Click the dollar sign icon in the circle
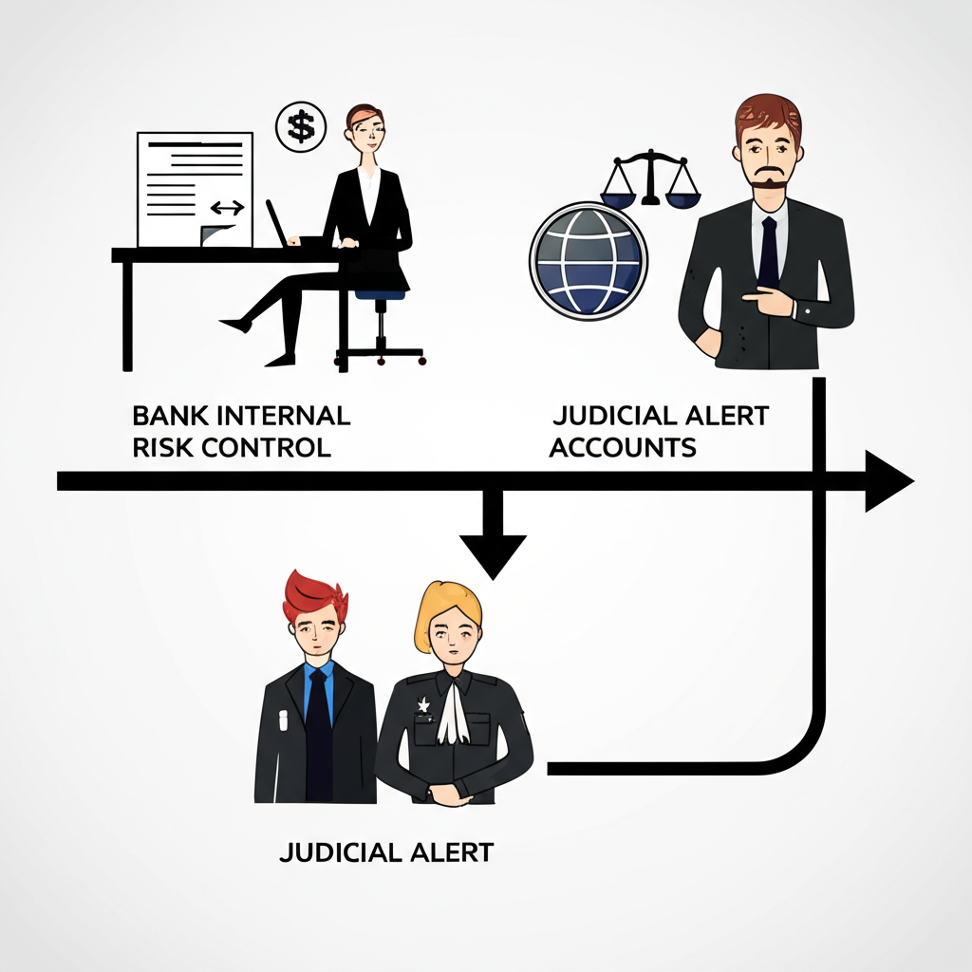300,126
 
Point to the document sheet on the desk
195,188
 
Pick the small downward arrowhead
493,556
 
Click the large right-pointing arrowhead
887,480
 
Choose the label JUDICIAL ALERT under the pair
386,851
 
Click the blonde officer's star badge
422,705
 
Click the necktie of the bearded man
768,252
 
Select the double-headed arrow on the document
227,207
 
